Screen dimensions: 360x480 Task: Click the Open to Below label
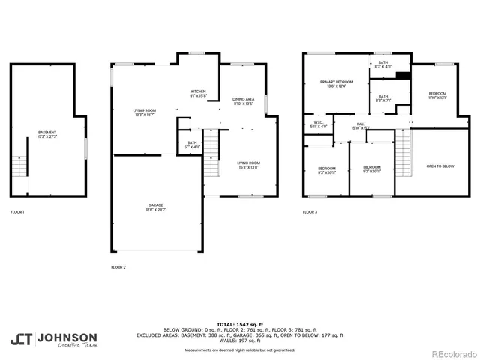[x=440, y=166]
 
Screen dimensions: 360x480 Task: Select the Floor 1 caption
[x=17, y=212]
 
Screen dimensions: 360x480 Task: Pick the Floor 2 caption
[x=118, y=267]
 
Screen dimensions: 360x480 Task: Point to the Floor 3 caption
[x=310, y=212]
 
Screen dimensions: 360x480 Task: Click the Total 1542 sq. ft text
[x=240, y=322]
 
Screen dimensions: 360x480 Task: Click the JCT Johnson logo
[x=54, y=339]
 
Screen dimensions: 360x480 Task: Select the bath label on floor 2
[x=192, y=145]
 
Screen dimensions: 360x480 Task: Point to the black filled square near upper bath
[x=403, y=74]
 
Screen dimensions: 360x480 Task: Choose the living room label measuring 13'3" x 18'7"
[x=143, y=114]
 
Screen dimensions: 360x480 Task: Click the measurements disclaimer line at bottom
[x=240, y=350]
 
